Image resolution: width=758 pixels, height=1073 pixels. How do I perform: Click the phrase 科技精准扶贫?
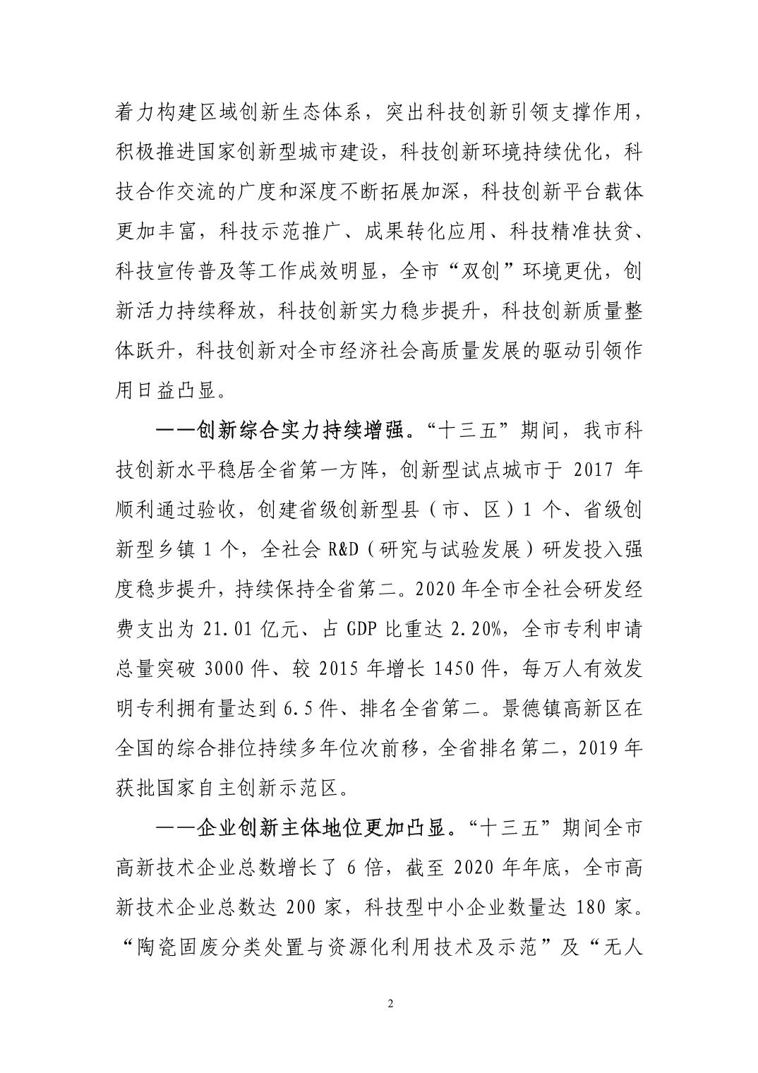tap(569, 232)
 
